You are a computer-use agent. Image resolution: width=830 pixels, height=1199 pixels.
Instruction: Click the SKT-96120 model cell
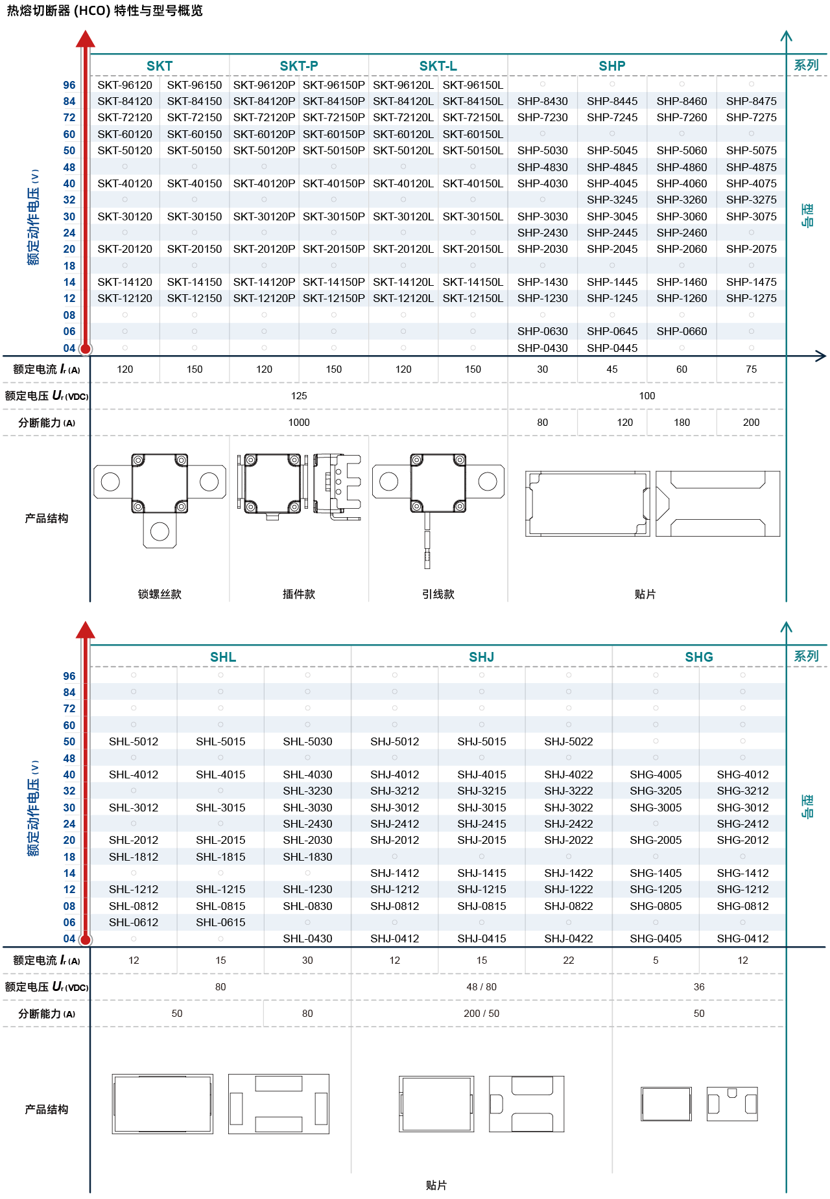click(124, 85)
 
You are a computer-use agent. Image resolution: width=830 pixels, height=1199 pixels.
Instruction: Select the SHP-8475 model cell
click(751, 101)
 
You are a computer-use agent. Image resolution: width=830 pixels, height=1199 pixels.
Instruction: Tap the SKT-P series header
click(299, 66)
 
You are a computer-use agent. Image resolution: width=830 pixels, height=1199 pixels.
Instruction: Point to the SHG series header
click(699, 657)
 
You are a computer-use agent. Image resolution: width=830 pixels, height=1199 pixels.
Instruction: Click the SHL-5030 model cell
click(307, 741)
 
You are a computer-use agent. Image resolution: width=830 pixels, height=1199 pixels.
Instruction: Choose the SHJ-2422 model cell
click(569, 824)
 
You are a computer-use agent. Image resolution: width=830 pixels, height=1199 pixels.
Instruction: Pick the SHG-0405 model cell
click(656, 938)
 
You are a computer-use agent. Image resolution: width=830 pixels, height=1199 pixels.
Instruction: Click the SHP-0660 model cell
click(682, 331)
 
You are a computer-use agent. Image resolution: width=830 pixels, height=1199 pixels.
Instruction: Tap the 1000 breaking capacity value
click(299, 423)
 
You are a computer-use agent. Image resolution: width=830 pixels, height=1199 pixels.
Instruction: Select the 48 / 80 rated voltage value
click(482, 987)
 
